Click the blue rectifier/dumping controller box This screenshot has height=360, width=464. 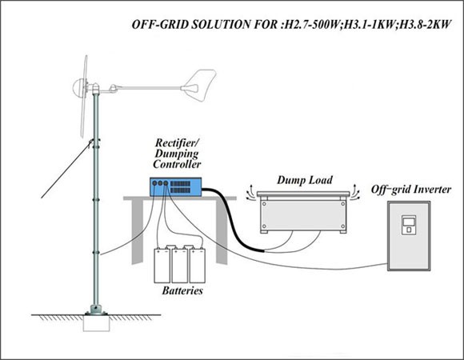[x=175, y=187]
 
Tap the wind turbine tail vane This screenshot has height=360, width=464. [x=199, y=86]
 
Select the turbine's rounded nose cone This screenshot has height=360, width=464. [x=78, y=87]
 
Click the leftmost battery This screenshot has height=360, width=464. [x=162, y=266]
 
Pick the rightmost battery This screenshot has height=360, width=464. [x=198, y=266]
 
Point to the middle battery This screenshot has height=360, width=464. [x=180, y=264]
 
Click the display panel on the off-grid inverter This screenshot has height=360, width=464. [x=409, y=225]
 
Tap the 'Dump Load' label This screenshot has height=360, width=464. [x=305, y=180]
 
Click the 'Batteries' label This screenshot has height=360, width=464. [x=182, y=290]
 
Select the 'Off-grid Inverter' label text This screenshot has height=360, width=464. [x=411, y=190]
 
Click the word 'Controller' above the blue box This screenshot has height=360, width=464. [x=177, y=164]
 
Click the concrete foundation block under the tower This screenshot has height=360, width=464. [x=97, y=323]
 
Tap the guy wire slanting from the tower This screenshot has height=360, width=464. [x=66, y=170]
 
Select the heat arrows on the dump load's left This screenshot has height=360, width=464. [x=250, y=193]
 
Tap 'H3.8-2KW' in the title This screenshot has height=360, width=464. [x=425, y=25]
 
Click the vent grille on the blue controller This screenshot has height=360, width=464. [x=180, y=187]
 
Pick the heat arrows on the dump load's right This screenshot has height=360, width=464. [x=355, y=192]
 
